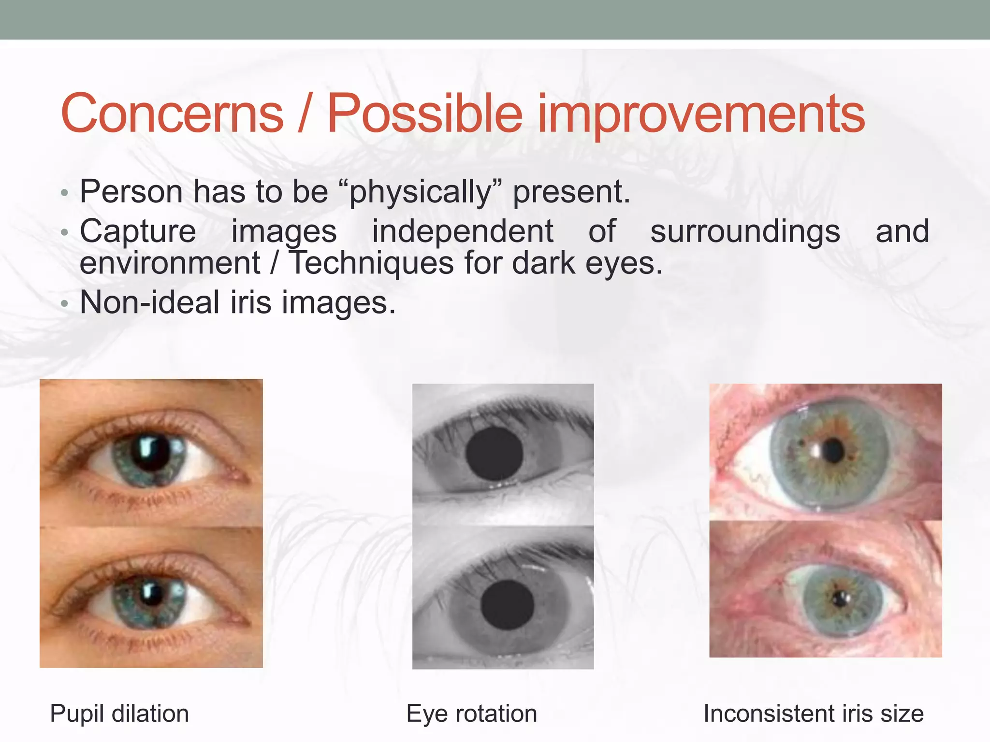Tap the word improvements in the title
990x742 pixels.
(x=701, y=114)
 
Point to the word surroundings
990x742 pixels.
(x=745, y=232)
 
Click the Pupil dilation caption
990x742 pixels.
(x=119, y=713)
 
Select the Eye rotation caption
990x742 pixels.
(x=471, y=713)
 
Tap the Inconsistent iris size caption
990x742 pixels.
(x=813, y=713)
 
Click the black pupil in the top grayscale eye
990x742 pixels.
(x=494, y=453)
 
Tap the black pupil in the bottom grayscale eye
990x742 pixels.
(x=507, y=604)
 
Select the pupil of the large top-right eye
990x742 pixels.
(x=832, y=451)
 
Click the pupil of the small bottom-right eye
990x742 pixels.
(x=841, y=599)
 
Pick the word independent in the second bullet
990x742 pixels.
(x=463, y=232)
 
